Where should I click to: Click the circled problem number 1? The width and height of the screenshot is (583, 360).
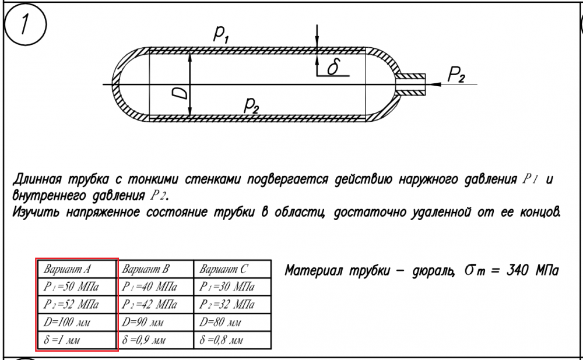click(x=24, y=24)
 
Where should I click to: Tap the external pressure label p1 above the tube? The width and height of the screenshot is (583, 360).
click(x=221, y=34)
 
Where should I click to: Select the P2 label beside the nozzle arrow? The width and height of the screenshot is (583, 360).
click(x=456, y=75)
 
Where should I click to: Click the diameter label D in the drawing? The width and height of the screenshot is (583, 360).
click(x=181, y=91)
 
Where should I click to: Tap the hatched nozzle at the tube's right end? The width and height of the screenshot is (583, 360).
click(x=410, y=84)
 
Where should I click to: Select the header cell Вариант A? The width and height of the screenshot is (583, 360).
click(x=77, y=269)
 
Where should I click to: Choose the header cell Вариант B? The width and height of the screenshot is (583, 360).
click(x=155, y=269)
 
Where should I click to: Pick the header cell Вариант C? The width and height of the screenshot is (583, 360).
click(x=233, y=269)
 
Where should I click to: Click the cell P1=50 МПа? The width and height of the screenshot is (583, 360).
click(x=77, y=287)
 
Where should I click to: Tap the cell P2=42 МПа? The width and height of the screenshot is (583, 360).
click(x=155, y=304)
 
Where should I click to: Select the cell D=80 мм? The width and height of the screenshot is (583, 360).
click(x=233, y=322)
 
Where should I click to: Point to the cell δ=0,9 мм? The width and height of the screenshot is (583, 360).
click(x=155, y=340)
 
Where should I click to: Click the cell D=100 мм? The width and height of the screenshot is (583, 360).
click(x=77, y=322)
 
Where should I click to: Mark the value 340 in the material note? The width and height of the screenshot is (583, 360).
click(x=517, y=270)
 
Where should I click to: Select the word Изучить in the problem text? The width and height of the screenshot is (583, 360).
click(x=36, y=213)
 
